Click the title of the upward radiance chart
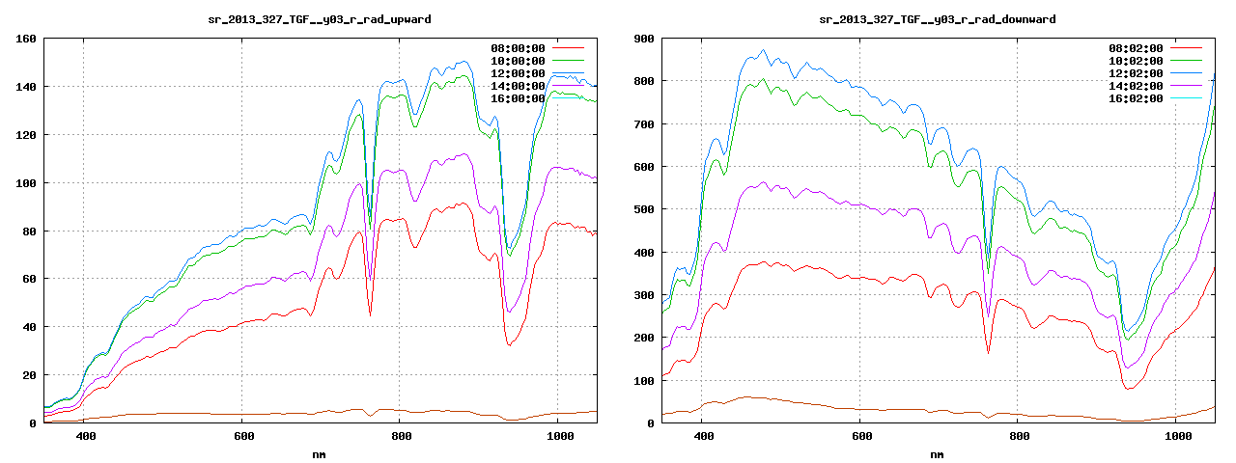(x=320, y=18)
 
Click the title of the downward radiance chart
(x=937, y=18)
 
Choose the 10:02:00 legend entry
(x=1136, y=61)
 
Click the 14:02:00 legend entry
(x=1136, y=86)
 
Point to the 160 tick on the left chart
(x=26, y=39)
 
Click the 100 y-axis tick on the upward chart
(x=26, y=183)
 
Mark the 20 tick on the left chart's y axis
(x=29, y=375)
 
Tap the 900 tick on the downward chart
(x=644, y=39)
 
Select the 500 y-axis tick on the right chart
(x=644, y=209)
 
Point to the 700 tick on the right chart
(x=644, y=124)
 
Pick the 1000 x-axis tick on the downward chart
(x=1175, y=437)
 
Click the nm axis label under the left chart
(x=320, y=453)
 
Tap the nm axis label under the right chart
(x=937, y=453)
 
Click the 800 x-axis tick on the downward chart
(x=1018, y=437)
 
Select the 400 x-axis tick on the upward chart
(x=85, y=437)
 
